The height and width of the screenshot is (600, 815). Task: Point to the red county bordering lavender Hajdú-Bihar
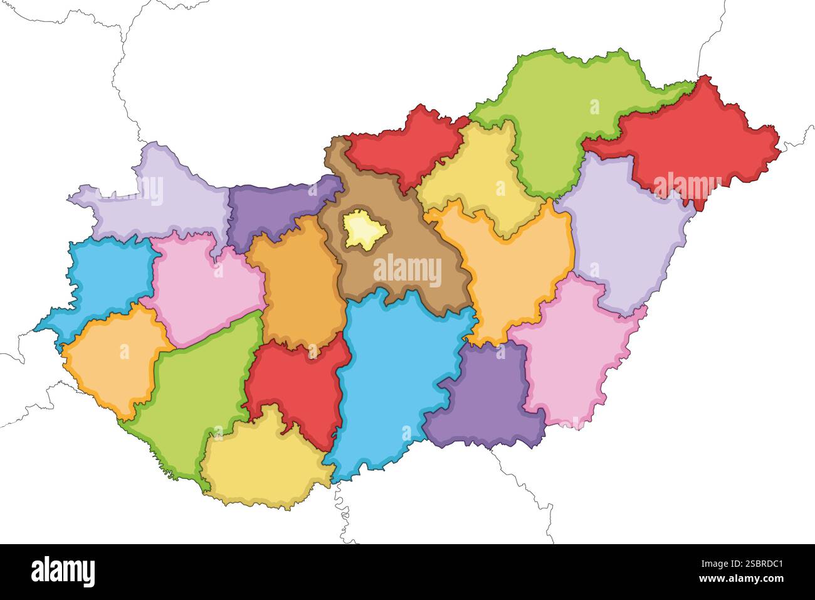pyautogui.click(x=690, y=144)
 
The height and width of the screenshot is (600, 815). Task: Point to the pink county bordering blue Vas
pyautogui.click(x=201, y=289)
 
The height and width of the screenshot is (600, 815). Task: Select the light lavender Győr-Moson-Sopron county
pyautogui.click(x=157, y=195)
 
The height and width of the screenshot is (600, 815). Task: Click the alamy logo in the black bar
pyautogui.click(x=63, y=571)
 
